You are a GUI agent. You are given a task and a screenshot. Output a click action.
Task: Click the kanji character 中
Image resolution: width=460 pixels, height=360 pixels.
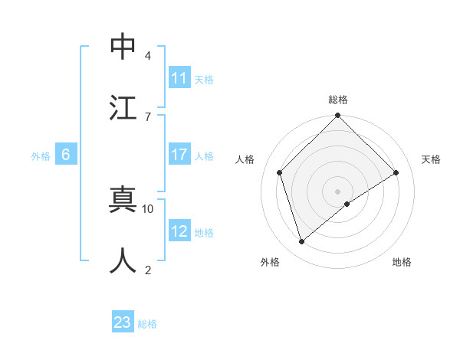[x=123, y=46]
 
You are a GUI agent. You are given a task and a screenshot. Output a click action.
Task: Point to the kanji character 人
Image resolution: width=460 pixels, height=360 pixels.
[x=123, y=260]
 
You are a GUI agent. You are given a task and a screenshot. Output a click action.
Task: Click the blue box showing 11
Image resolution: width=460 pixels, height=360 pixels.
[x=179, y=78]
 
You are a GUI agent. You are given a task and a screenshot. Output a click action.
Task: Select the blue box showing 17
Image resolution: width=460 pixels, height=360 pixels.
[x=179, y=155]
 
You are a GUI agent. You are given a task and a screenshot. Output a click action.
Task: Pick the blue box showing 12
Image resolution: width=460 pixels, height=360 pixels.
[x=179, y=231]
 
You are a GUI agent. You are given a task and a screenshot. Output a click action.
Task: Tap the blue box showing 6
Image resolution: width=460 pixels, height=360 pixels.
[x=66, y=155]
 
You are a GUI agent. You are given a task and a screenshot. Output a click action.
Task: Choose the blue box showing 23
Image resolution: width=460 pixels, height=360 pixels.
[x=123, y=322]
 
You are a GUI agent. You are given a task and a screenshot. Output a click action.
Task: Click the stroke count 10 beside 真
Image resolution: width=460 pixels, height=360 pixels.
[x=148, y=208]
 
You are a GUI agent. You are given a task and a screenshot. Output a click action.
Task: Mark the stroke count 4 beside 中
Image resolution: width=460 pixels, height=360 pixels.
[x=147, y=55]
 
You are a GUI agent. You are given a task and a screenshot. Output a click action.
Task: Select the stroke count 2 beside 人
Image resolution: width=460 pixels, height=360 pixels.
[x=147, y=270]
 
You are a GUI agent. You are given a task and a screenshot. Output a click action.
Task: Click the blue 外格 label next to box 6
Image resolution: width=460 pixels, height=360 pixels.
[x=41, y=155]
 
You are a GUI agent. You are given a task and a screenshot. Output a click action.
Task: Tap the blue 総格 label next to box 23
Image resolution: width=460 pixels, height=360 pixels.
[x=147, y=323]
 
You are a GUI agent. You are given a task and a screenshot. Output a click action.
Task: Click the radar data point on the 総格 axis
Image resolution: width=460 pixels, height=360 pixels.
[x=337, y=116]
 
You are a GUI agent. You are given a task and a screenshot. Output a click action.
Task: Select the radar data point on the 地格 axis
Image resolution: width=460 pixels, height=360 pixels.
[x=347, y=204]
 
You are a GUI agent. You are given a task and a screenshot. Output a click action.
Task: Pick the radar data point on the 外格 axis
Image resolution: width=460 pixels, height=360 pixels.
[x=301, y=241]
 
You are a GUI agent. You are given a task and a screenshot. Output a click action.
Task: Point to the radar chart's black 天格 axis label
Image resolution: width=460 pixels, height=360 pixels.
[x=431, y=159]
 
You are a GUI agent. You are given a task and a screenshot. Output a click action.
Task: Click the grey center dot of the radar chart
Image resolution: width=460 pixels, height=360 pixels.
[x=337, y=191]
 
